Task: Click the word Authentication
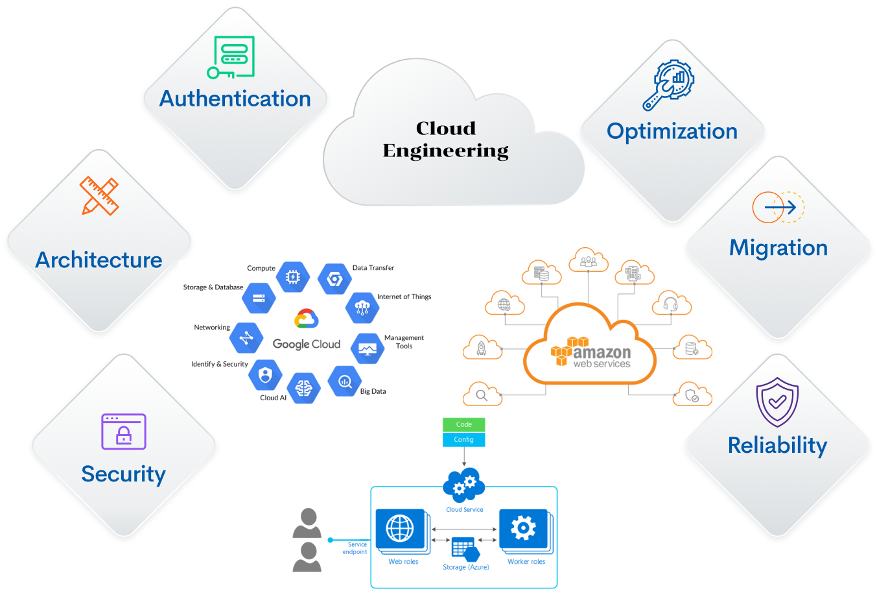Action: point(235,99)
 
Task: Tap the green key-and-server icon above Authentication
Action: point(231,57)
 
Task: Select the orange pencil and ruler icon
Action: point(100,195)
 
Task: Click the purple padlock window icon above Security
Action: point(124,431)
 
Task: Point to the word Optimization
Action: point(672,131)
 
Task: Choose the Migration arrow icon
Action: point(778,208)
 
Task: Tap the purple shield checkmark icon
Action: point(777,402)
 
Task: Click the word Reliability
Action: point(777,446)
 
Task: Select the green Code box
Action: point(463,424)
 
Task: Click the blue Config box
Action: point(463,440)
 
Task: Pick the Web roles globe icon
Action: point(400,528)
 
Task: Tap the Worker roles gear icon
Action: point(523,528)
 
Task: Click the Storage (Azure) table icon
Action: point(465,550)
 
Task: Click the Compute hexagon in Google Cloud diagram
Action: point(292,277)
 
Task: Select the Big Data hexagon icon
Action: point(345,381)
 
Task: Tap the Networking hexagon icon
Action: point(246,338)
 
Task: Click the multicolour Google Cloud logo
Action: point(306,319)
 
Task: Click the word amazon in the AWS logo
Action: point(602,352)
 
